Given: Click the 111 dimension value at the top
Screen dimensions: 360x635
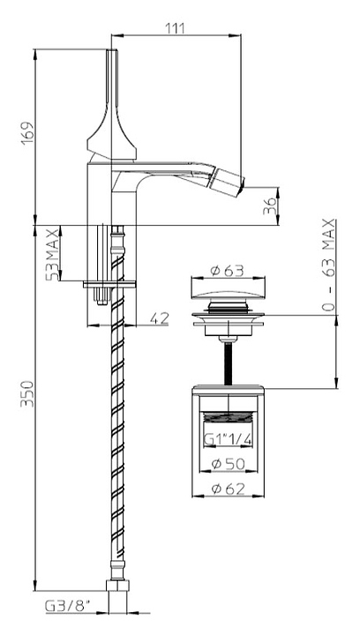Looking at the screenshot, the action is (x=175, y=29).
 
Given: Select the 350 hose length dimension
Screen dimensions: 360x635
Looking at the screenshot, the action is (x=28, y=393).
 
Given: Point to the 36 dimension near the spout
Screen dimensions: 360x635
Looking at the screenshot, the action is (x=270, y=206).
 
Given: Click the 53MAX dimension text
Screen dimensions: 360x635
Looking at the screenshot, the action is (x=52, y=254).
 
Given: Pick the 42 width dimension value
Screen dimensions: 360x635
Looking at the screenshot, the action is (x=159, y=318).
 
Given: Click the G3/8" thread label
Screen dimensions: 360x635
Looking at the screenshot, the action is (x=68, y=606).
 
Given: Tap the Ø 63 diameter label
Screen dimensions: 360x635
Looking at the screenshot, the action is (x=228, y=271).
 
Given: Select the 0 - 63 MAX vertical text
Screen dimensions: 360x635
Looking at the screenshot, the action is (x=328, y=265).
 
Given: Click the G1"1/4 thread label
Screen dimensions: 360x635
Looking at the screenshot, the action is (x=227, y=440).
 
